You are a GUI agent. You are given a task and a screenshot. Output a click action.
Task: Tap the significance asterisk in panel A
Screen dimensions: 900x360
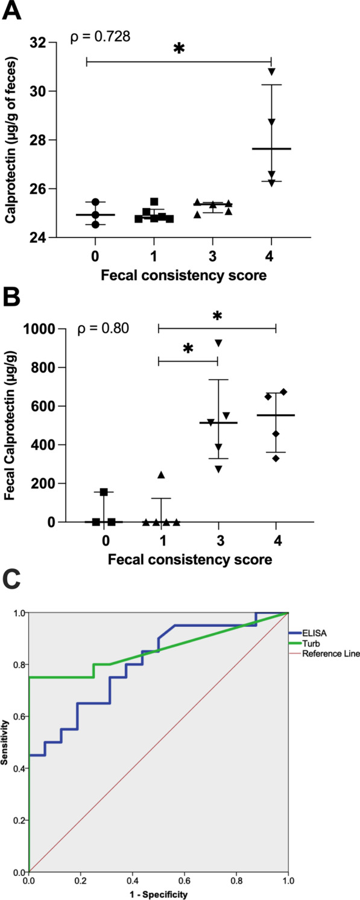pos(178,50)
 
